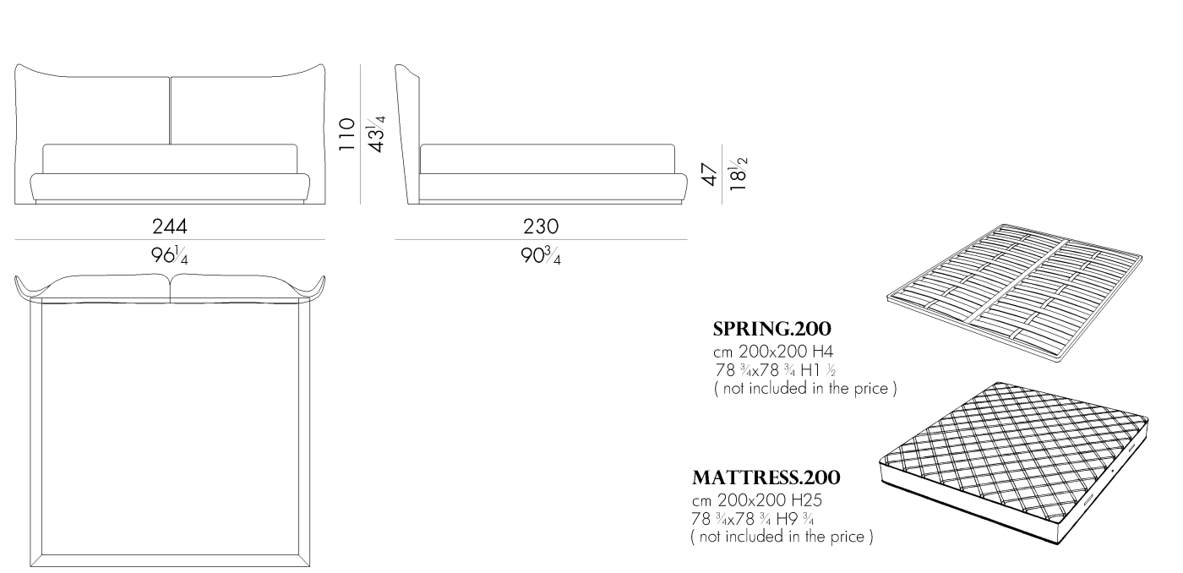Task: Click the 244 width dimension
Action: (x=170, y=226)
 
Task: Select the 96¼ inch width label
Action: (x=170, y=254)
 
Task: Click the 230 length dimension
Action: (x=541, y=226)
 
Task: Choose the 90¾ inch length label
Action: (x=541, y=254)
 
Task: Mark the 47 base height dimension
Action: (x=710, y=175)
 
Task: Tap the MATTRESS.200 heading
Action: (x=766, y=478)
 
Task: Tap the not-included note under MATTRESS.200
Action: (x=782, y=537)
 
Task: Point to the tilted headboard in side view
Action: (x=409, y=135)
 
